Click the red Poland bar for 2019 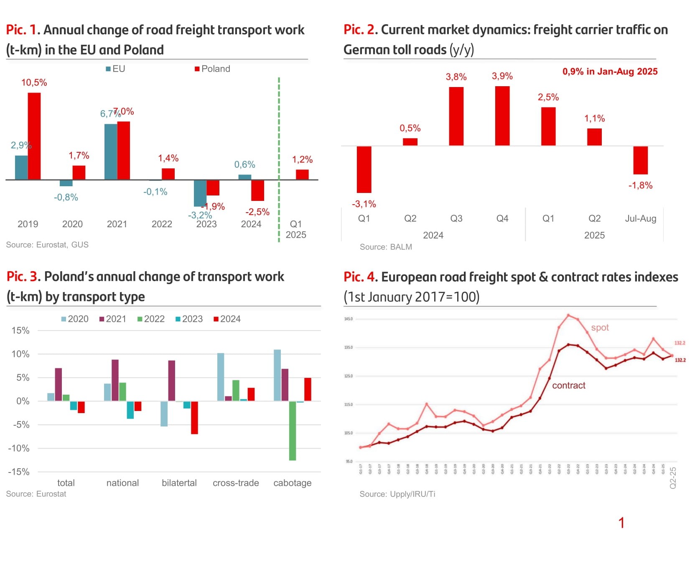point(34,136)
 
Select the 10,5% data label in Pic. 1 point(34,82)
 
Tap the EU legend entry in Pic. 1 point(116,69)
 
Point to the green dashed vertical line point(279,159)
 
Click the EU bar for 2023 point(200,193)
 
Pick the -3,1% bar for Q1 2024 point(364,169)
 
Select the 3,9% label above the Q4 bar point(502,76)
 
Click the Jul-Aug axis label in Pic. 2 point(640,218)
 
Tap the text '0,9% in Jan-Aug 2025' point(610,72)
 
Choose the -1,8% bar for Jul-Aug point(640,160)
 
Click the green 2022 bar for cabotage point(293,431)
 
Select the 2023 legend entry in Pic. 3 point(189,319)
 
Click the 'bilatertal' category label point(179,483)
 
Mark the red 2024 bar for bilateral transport point(194,417)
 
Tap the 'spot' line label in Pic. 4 point(600,328)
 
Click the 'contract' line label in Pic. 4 point(568,385)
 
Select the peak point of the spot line point(568,315)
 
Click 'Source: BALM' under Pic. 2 point(386,247)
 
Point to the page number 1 point(621,523)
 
